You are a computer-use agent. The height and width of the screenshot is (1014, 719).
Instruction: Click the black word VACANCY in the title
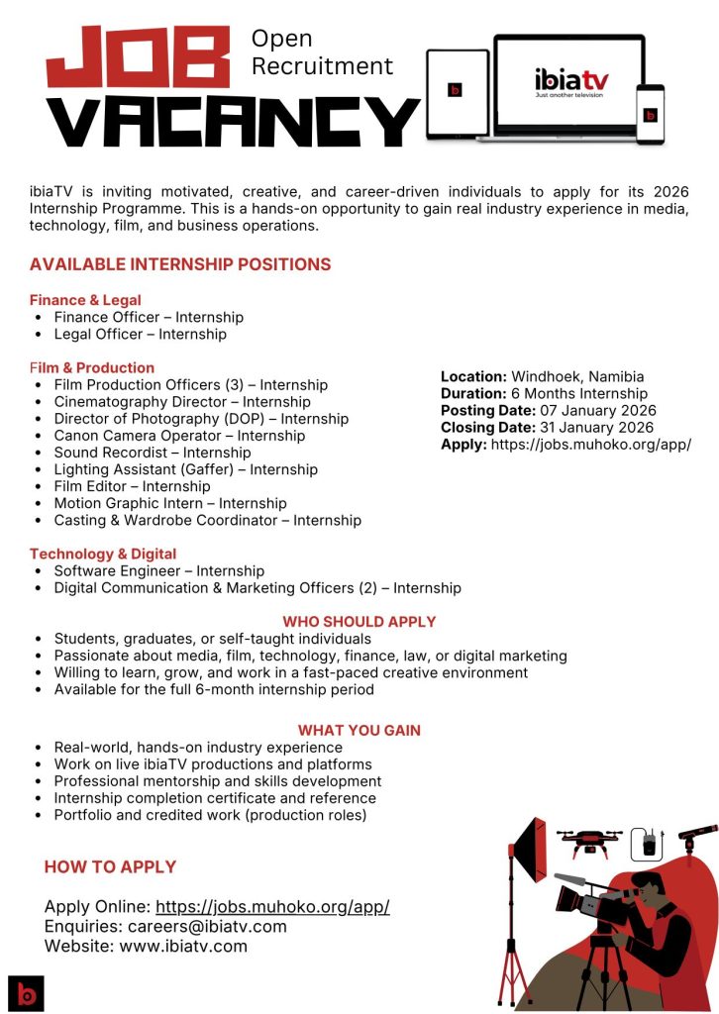coord(234,122)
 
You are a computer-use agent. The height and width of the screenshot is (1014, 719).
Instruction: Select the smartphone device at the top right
coord(650,114)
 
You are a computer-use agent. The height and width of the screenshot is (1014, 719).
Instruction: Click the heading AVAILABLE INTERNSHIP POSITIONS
coord(180,264)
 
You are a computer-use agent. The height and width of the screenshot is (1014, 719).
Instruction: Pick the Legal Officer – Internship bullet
coord(140,335)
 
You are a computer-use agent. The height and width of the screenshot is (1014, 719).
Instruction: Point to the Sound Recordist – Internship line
coord(153,453)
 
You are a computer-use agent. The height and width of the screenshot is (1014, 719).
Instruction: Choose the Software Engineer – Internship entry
coord(158,571)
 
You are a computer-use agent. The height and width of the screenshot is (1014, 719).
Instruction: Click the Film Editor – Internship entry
coord(132,486)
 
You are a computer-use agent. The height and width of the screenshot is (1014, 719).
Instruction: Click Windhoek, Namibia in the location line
coord(577,376)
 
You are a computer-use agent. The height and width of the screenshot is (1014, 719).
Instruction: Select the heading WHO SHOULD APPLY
coord(359,622)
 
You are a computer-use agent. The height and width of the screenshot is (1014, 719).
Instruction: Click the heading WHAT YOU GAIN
coord(359,731)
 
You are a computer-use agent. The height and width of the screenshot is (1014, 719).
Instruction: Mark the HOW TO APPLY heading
coord(110,867)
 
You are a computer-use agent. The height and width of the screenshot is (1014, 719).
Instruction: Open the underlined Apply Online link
coord(272,907)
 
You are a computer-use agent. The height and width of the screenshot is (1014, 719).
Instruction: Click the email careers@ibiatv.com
coord(207,927)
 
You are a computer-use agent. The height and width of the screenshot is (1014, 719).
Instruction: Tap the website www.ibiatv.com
coord(183,947)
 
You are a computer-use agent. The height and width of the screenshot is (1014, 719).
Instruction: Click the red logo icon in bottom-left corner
coord(26,992)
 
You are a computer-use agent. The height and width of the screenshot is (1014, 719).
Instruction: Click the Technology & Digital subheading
coord(103,554)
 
